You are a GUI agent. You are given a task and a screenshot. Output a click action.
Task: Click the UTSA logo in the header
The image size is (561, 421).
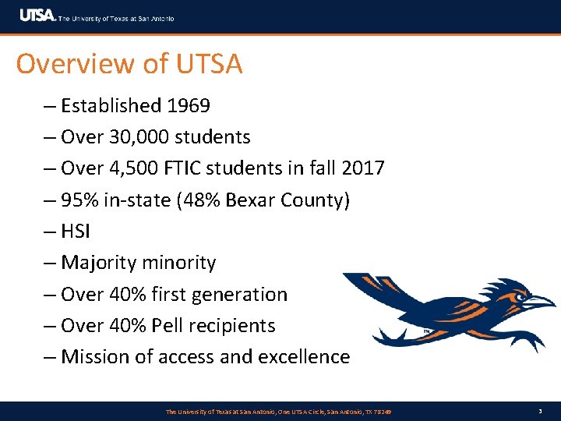click(x=37, y=16)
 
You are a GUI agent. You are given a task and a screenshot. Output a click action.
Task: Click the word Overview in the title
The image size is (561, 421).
click(x=64, y=64)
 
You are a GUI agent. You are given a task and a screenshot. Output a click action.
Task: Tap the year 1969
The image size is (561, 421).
click(x=185, y=105)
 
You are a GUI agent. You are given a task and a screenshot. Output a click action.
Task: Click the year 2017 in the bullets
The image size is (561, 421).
click(x=361, y=168)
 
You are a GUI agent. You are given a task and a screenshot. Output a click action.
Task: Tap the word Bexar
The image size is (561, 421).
click(x=250, y=200)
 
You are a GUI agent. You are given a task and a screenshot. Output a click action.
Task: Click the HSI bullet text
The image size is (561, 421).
click(x=76, y=232)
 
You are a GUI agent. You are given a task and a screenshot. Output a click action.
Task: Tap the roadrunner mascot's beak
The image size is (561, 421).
click(x=541, y=301)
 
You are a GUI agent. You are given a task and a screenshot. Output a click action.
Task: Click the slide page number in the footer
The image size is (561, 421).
click(x=541, y=411)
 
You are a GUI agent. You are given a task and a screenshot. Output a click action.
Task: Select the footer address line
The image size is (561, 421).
click(x=279, y=411)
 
